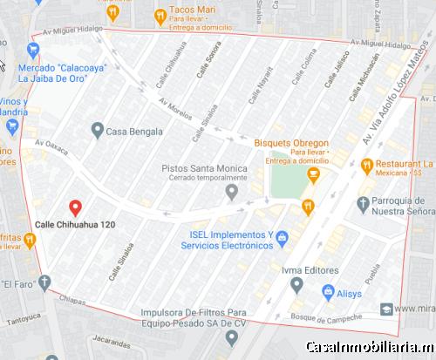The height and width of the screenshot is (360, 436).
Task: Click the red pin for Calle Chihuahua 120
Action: (x=75, y=207)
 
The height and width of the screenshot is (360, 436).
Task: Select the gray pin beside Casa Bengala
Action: (x=98, y=131)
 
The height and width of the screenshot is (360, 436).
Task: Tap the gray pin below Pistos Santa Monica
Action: (x=231, y=191)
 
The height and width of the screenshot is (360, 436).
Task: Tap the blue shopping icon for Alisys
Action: (x=328, y=294)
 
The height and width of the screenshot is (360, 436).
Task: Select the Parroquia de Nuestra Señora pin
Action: (x=364, y=203)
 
